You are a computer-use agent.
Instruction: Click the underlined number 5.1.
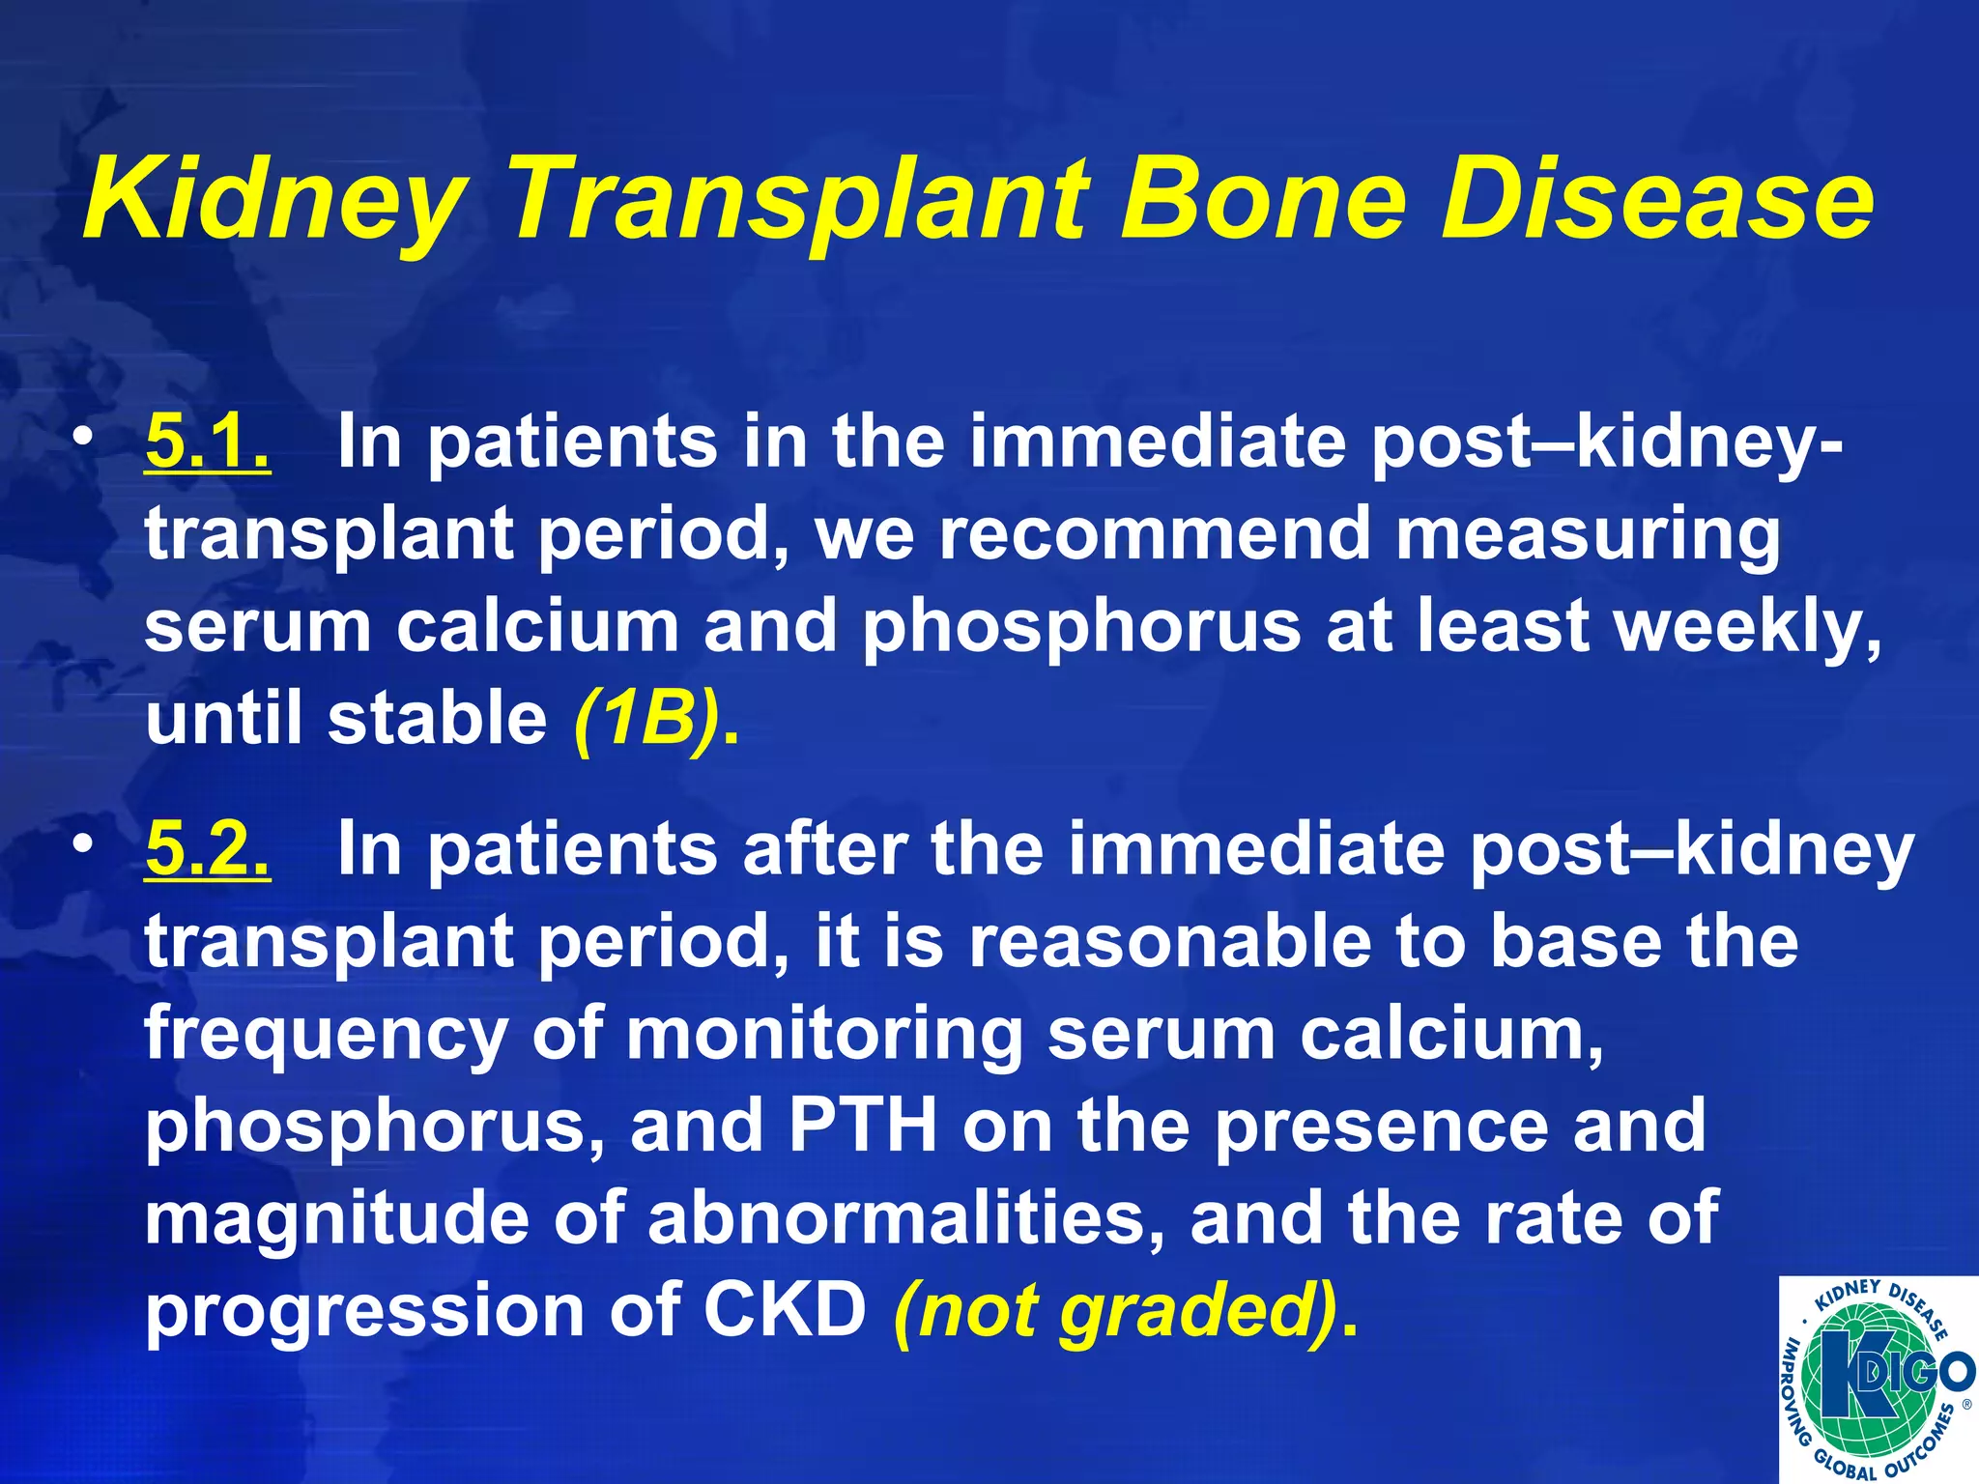coord(208,442)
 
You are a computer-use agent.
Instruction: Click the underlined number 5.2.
coord(208,849)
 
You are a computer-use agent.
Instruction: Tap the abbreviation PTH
coord(863,1126)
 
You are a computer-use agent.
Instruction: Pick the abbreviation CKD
coord(784,1311)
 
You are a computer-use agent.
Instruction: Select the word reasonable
coord(1169,942)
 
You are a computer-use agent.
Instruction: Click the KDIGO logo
coord(1878,1380)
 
